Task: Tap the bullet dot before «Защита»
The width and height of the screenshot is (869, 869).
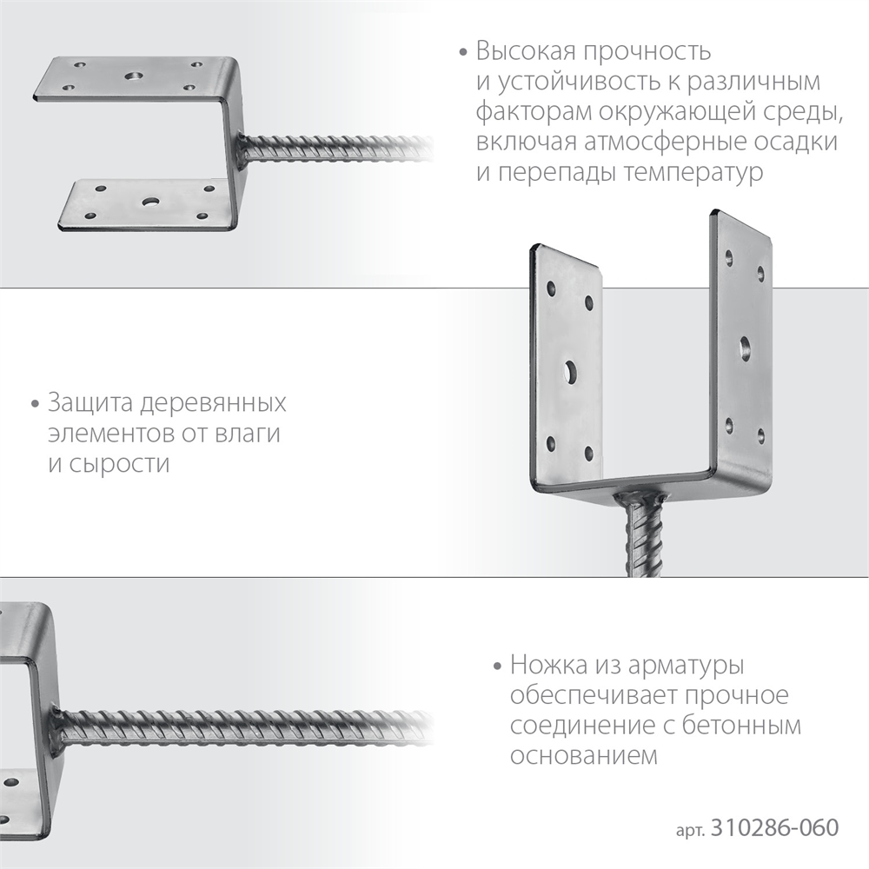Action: point(35,406)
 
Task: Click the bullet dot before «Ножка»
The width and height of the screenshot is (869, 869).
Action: point(497,668)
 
